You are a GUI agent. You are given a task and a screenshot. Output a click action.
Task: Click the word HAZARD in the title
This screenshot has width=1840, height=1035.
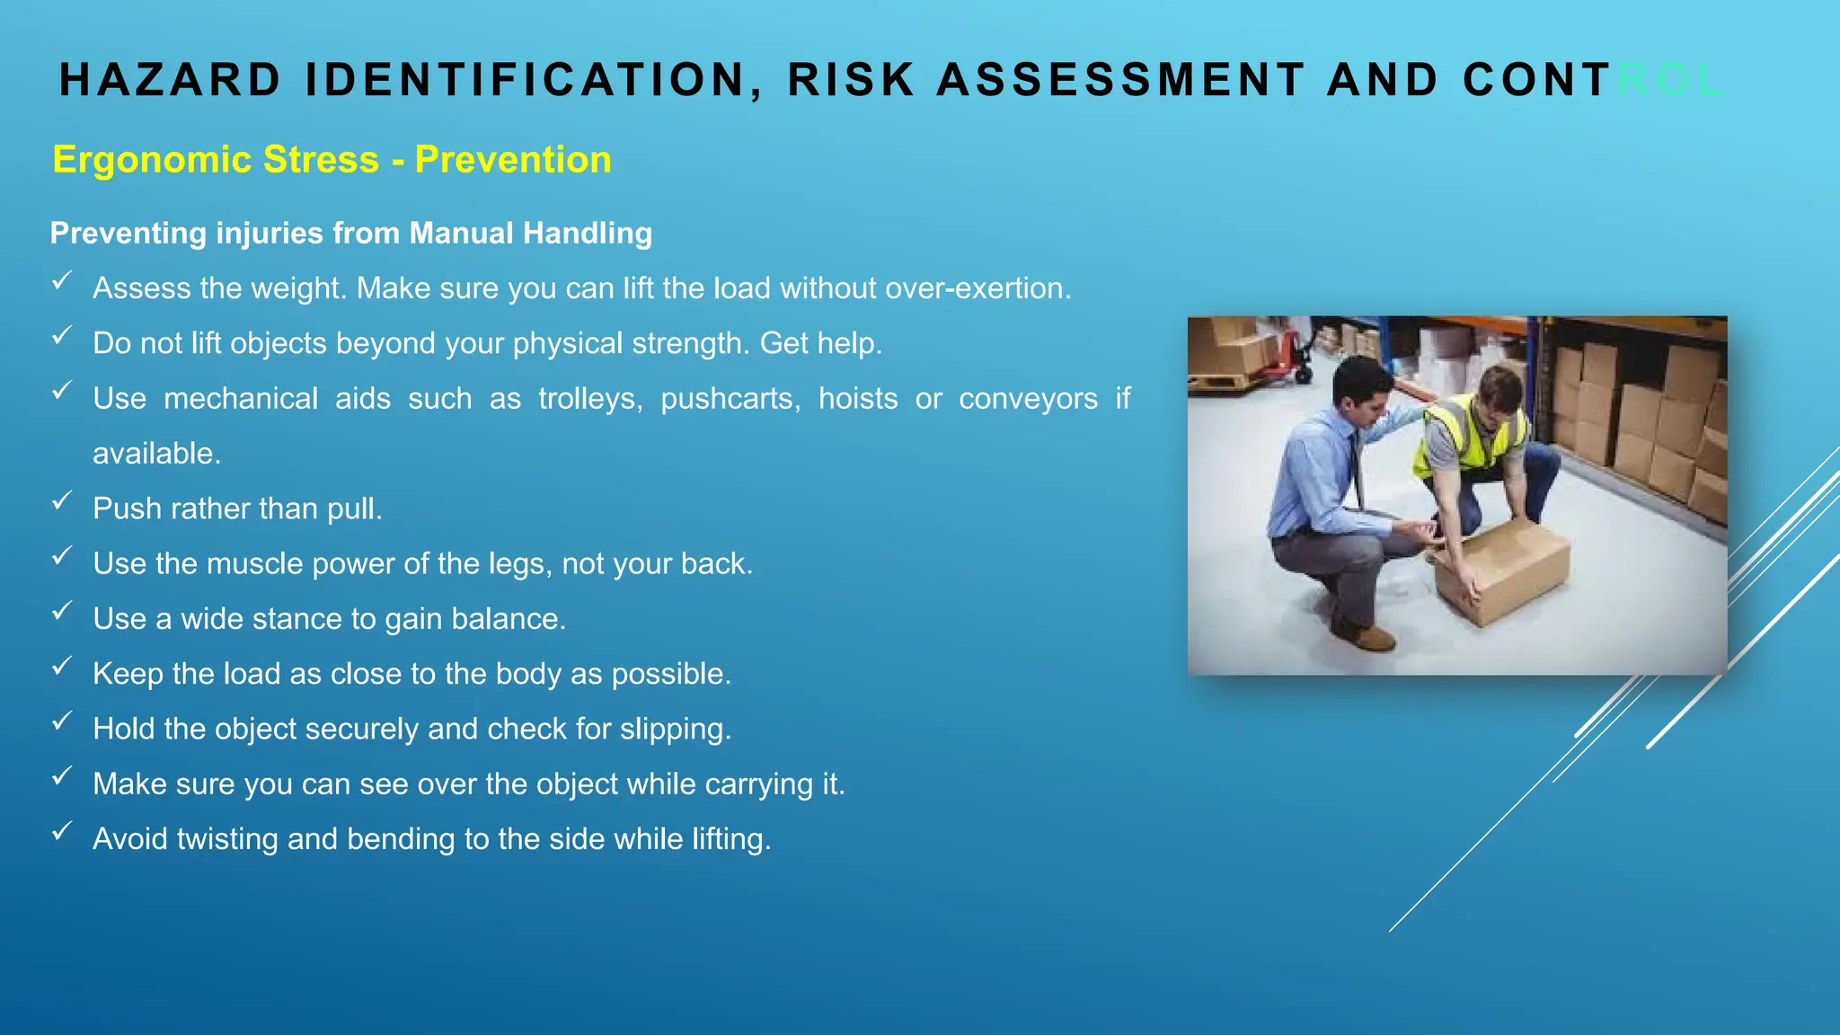pos(170,80)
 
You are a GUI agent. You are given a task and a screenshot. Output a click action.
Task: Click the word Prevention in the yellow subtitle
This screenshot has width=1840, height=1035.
pos(513,160)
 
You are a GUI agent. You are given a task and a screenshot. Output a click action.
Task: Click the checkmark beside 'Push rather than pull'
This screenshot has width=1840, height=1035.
pos(61,501)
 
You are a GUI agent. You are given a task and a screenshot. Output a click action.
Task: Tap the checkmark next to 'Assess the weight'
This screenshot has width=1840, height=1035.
pos(61,281)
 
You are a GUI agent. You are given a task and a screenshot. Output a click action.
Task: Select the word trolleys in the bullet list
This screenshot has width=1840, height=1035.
pos(590,398)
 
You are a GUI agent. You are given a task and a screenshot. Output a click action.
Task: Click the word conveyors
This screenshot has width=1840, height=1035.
pos(1028,398)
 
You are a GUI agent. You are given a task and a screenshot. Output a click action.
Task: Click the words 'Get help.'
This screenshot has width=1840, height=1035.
pos(821,343)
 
